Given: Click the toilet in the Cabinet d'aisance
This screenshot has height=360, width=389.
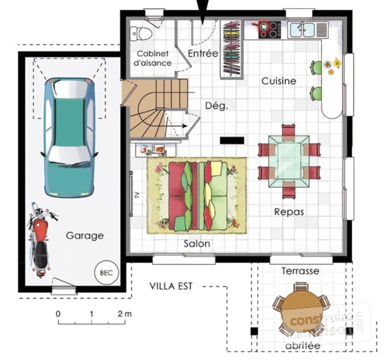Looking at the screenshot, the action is [x=141, y=34].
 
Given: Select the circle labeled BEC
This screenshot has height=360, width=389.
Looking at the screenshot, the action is [x=106, y=273].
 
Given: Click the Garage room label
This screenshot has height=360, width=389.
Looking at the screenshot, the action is [x=85, y=236].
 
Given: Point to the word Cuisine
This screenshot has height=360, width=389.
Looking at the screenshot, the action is [x=279, y=81].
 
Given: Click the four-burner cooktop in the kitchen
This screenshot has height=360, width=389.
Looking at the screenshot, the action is [x=270, y=30].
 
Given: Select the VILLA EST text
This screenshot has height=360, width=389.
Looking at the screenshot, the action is [x=171, y=286].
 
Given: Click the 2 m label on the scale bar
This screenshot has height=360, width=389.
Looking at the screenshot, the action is [x=125, y=314].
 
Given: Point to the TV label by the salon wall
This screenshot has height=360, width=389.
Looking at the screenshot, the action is [x=137, y=195].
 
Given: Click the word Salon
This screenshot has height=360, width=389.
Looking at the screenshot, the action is [x=197, y=244].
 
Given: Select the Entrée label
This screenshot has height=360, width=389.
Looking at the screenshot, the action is [x=203, y=53].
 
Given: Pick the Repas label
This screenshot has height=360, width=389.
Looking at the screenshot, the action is [x=289, y=212].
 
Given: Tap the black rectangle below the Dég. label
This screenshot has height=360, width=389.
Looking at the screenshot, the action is [x=232, y=141].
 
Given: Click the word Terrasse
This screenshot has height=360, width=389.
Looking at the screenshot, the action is [x=300, y=271].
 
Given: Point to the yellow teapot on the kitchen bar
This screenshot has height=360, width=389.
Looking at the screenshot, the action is [x=337, y=63].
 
